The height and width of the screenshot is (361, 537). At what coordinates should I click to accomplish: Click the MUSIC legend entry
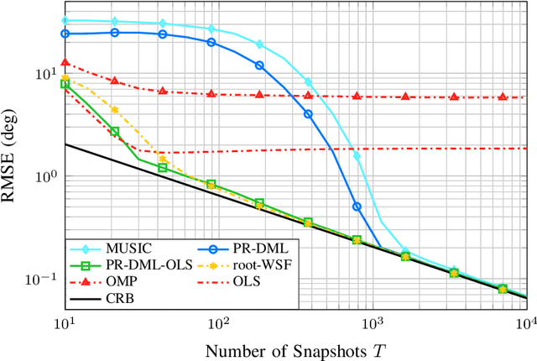[126, 249]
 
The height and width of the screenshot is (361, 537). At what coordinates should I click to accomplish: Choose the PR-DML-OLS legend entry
[138, 264]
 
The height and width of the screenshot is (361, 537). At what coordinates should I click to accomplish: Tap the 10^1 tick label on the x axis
[65, 322]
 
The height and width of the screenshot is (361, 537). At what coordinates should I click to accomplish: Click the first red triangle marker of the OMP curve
[65, 63]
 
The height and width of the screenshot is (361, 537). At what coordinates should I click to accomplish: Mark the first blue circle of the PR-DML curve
[65, 34]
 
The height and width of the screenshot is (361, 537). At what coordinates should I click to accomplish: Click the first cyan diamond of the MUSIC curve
[65, 20]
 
